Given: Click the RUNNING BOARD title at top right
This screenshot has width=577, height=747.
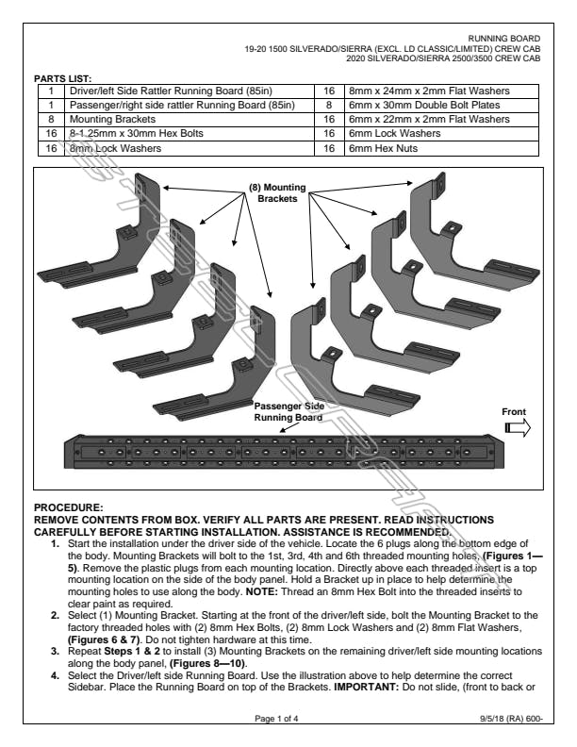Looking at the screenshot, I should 510,39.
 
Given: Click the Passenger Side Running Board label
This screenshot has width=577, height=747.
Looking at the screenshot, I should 289,411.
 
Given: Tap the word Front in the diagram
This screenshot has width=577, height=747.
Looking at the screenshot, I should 513,411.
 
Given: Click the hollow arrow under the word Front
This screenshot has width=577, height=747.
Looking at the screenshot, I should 517,427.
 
